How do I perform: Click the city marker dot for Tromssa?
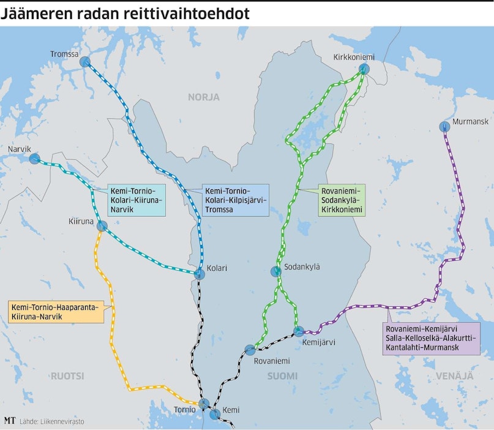[x=85, y=61]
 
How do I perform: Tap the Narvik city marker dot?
[x=34, y=159]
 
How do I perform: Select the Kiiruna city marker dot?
[x=102, y=225]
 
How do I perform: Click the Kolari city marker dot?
[x=199, y=274]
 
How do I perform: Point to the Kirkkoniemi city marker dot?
[x=364, y=69]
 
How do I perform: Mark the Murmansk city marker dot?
[x=444, y=127]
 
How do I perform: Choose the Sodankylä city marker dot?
[x=276, y=271]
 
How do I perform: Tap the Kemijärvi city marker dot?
[x=299, y=331]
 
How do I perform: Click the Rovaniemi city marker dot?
[x=250, y=350]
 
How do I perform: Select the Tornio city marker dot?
[x=203, y=403]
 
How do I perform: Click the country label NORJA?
[x=203, y=97]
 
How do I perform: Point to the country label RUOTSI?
[x=67, y=375]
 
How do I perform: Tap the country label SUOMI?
[x=282, y=375]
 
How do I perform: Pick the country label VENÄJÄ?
[x=455, y=375]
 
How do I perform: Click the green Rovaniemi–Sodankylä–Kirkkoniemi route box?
[x=342, y=200]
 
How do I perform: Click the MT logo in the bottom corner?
[x=10, y=421]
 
